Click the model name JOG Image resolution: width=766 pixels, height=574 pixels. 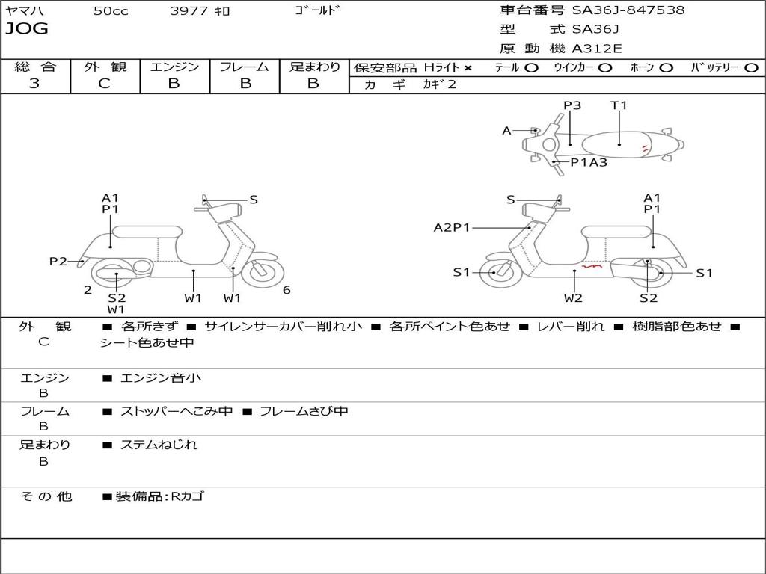[27, 29]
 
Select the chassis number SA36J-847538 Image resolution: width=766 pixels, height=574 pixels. [628, 10]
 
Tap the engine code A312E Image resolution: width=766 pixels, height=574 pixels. [595, 49]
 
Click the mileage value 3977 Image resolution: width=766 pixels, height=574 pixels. [190, 11]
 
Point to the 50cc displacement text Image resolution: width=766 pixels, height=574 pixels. [111, 11]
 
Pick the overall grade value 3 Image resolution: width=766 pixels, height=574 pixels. [34, 84]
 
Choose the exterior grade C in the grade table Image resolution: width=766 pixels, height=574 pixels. [105, 84]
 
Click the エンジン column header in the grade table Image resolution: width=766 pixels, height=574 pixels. [174, 67]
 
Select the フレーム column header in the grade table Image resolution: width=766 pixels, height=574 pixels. [244, 67]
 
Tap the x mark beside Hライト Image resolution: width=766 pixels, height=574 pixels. [468, 68]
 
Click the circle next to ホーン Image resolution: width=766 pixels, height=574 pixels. [667, 68]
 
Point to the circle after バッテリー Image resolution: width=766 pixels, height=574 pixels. [751, 68]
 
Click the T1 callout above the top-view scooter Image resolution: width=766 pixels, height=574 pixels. [619, 105]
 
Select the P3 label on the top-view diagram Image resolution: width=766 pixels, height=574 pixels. [572, 105]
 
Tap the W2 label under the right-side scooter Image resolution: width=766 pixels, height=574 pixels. [573, 298]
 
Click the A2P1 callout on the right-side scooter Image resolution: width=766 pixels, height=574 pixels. [452, 227]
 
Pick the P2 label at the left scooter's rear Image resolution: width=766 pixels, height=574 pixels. [58, 261]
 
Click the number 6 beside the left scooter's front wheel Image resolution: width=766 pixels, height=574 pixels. [287, 290]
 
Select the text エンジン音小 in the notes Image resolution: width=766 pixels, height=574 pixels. [161, 378]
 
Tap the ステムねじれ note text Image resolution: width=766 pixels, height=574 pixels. [159, 445]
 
